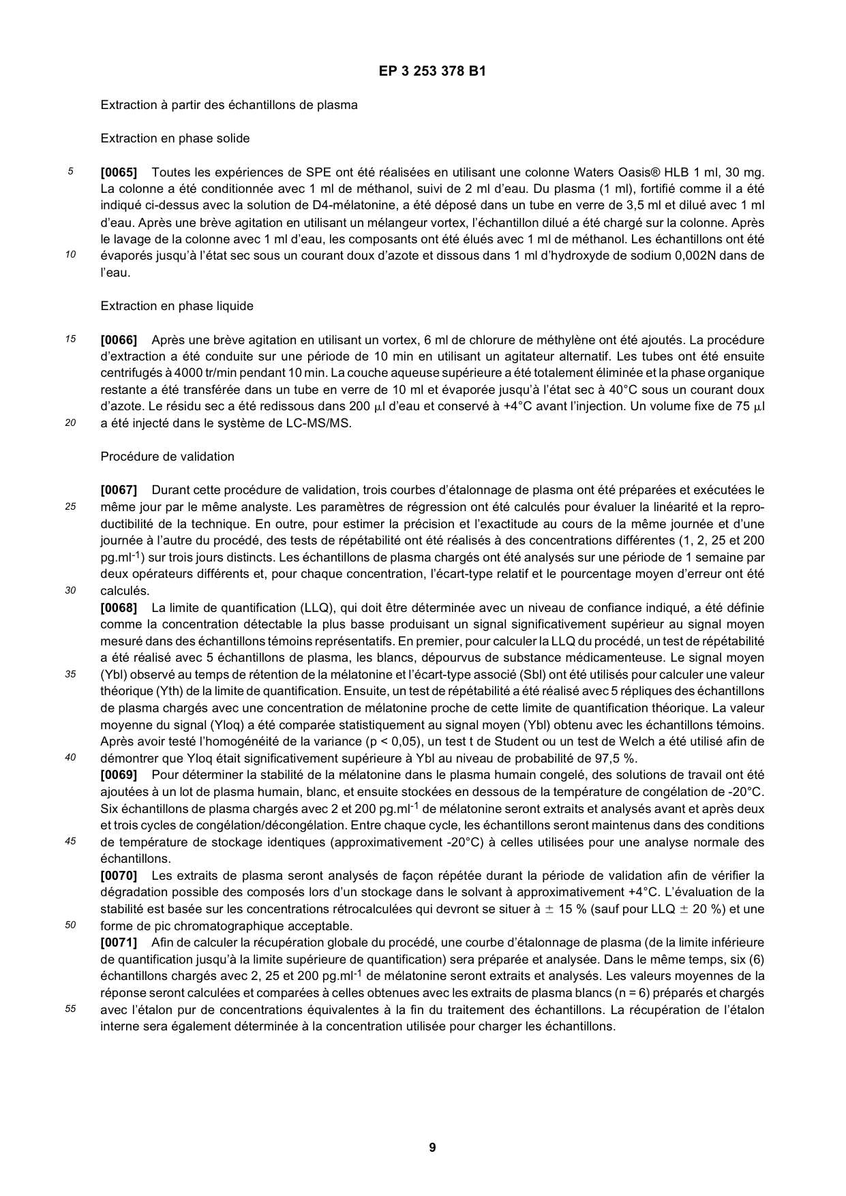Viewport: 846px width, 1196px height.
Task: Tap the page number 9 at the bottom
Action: (x=432, y=1148)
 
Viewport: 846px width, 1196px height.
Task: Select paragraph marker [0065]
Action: (x=119, y=172)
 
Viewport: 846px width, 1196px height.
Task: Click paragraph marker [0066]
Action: (x=119, y=340)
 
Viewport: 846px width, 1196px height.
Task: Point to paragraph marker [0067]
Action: (x=119, y=490)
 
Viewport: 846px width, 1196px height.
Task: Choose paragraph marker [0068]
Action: (x=119, y=608)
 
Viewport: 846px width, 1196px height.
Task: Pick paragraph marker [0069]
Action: (x=119, y=775)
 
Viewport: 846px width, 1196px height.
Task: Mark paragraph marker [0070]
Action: (x=119, y=876)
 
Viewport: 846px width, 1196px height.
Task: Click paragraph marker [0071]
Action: (x=119, y=942)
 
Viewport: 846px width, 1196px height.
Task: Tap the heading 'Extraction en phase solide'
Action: (x=175, y=138)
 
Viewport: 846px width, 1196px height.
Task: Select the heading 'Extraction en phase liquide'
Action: (x=177, y=306)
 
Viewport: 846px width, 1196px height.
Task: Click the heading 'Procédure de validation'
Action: (x=167, y=457)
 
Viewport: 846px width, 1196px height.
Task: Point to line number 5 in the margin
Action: (x=71, y=172)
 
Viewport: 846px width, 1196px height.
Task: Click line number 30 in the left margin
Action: (x=71, y=590)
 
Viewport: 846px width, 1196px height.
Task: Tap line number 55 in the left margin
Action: (x=71, y=1009)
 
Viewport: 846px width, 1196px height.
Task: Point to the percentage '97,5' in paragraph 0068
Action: (x=608, y=758)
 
